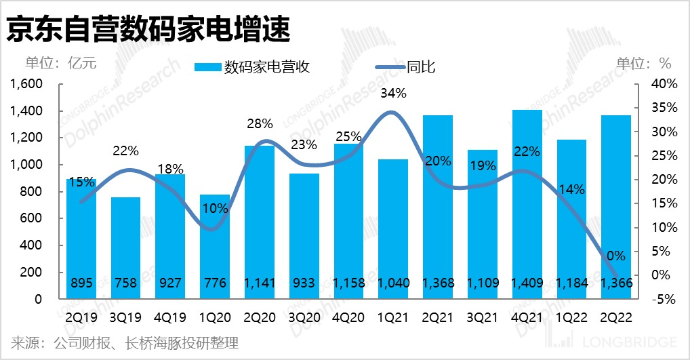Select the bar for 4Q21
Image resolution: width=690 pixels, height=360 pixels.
click(x=527, y=203)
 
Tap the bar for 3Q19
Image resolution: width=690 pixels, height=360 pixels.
click(x=125, y=247)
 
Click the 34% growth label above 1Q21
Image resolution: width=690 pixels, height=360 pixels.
click(x=393, y=94)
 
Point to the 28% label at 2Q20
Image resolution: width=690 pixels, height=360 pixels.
click(x=260, y=123)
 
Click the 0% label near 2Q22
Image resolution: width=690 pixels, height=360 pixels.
click(x=615, y=256)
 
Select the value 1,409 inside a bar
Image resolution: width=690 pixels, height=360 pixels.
click(x=527, y=283)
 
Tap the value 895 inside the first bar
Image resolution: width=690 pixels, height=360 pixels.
click(x=81, y=283)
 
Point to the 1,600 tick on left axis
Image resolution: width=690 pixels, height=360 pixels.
click(x=26, y=84)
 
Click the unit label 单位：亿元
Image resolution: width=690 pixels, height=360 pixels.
click(x=61, y=64)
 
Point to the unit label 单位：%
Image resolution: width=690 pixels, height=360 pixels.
click(x=643, y=64)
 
